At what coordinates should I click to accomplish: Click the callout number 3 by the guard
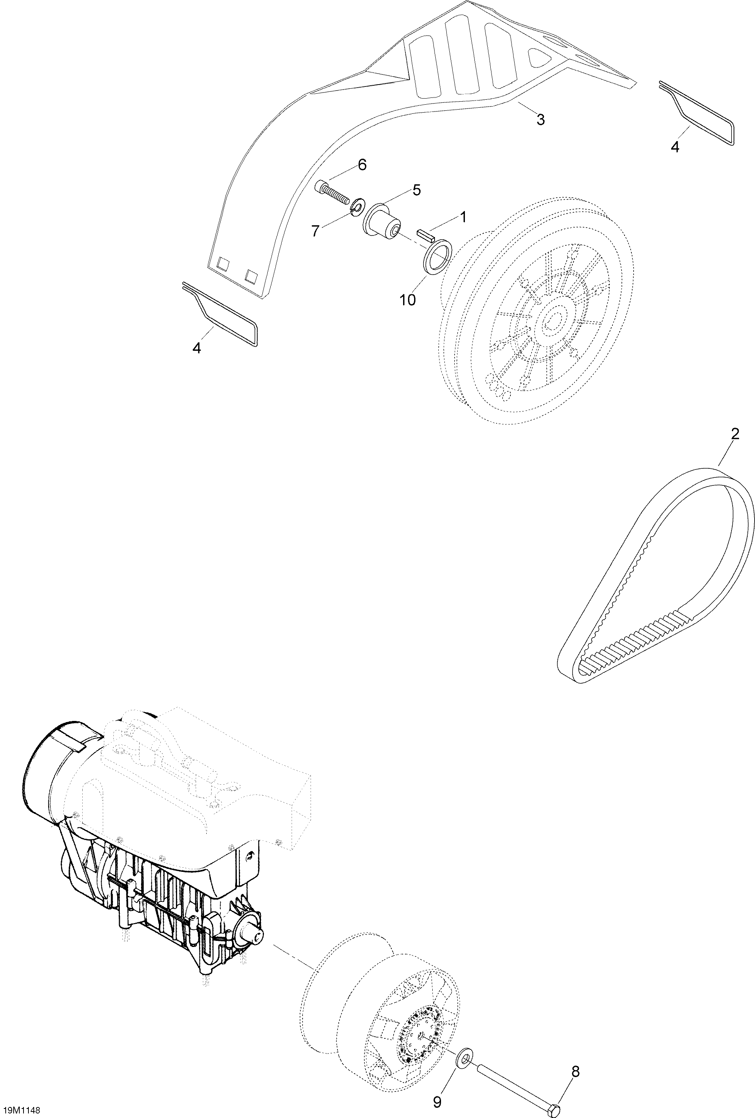(x=540, y=120)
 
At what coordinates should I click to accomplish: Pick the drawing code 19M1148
(x=20, y=1111)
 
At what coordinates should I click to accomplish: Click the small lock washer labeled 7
(x=356, y=207)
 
